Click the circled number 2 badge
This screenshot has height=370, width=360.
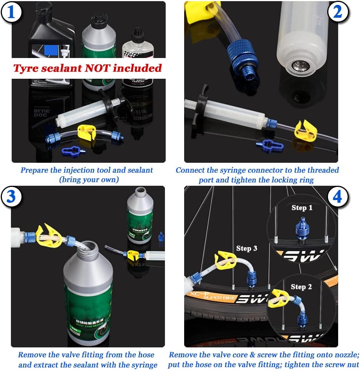point(337,12)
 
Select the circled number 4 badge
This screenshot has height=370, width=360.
point(337,197)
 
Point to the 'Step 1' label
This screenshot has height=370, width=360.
point(302,208)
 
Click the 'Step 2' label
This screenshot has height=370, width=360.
point(301,287)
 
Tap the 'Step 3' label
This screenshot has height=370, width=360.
point(247,248)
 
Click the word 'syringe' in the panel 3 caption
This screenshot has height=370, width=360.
point(144,365)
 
